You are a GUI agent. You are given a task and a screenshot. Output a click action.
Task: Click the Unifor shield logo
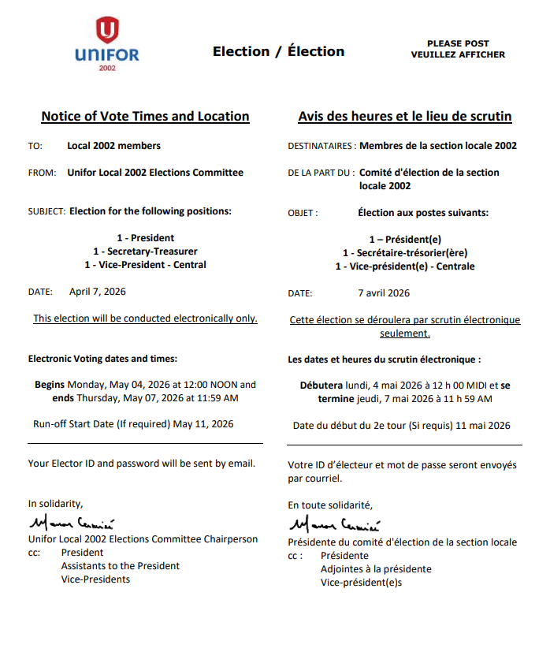tap(107, 32)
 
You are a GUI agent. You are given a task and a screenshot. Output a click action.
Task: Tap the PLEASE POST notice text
tap(458, 43)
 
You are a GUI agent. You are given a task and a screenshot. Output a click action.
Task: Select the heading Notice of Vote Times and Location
tap(145, 117)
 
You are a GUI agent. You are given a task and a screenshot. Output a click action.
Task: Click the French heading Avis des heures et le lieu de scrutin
tap(404, 117)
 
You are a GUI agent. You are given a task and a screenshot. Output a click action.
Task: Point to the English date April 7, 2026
tap(97, 292)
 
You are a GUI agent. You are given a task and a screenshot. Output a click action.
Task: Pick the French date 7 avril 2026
tap(384, 293)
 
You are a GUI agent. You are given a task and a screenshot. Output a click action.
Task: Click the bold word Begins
tap(50, 385)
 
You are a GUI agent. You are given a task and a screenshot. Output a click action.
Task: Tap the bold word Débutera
tap(321, 386)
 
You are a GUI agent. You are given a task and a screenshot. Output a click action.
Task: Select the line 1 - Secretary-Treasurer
tap(145, 251)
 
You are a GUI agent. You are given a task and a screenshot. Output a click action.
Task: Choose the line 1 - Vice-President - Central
tap(145, 265)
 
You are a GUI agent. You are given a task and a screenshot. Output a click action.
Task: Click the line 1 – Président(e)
tap(404, 239)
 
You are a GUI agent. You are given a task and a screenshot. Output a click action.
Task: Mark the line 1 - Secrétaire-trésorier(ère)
tap(404, 252)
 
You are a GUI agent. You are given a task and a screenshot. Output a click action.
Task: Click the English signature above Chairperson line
tap(72, 523)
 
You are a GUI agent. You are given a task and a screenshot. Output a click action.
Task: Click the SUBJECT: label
tap(46, 211)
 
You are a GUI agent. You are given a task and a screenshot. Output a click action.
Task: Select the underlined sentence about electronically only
tap(145, 319)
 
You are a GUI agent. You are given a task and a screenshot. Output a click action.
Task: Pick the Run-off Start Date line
tap(133, 424)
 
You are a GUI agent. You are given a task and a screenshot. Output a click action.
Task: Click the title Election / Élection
tap(278, 52)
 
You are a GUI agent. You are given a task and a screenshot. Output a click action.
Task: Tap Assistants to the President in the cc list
tap(120, 566)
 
